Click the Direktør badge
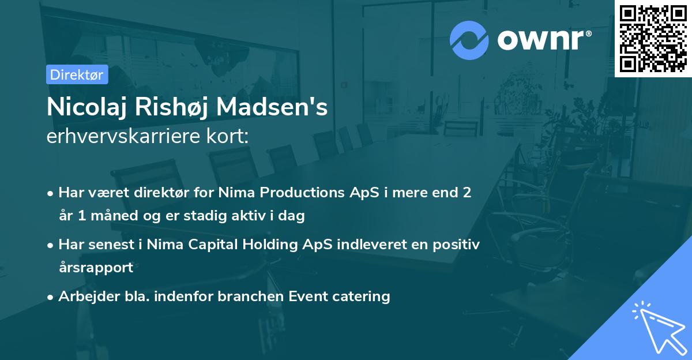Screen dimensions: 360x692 click(x=77, y=74)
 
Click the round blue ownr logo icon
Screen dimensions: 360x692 click(x=469, y=40)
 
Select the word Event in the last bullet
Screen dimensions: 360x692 click(x=307, y=297)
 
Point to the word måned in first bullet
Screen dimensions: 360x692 click(x=108, y=216)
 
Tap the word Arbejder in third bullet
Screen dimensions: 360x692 click(x=83, y=297)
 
